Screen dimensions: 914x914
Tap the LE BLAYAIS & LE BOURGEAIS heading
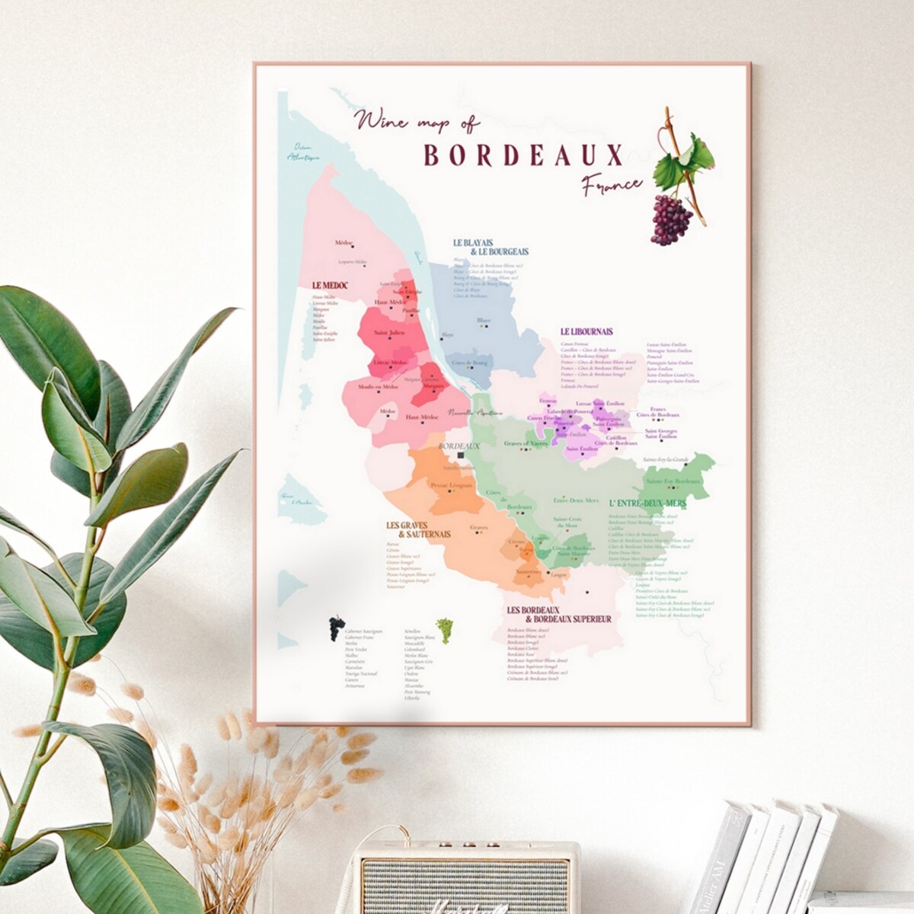pos(491,247)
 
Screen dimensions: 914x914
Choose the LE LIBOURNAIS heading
pos(586,331)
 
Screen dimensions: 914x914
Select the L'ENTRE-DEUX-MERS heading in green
pos(647,503)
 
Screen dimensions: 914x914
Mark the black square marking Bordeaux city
pos(461,455)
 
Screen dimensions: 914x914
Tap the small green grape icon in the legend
pos(444,629)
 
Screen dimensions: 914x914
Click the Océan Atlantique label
pos(300,152)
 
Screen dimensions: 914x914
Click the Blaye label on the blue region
pos(483,321)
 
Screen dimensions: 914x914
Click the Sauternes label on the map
pos(528,571)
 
